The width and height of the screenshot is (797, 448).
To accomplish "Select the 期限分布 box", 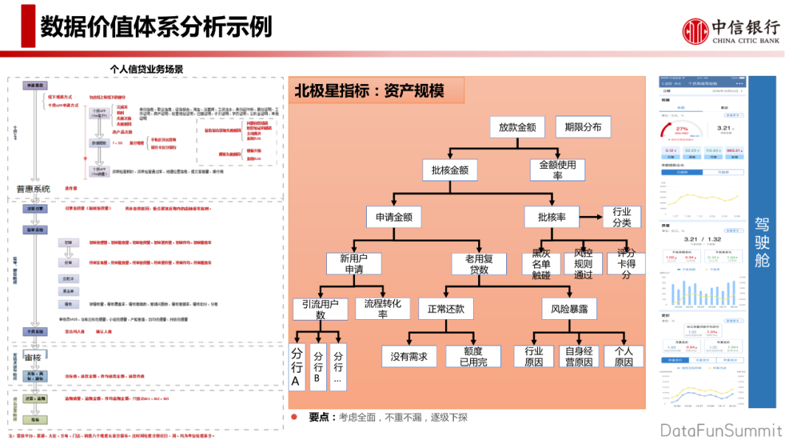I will coord(583,127).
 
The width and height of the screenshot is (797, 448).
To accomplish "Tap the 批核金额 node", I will coord(449,171).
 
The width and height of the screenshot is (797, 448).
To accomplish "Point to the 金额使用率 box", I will coord(558,170).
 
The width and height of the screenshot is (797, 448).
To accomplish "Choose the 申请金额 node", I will coord(394,217).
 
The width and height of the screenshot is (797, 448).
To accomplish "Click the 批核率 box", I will coord(552,217).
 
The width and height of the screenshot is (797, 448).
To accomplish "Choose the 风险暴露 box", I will coord(569,309).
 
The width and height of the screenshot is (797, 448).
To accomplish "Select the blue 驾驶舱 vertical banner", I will coord(762,240).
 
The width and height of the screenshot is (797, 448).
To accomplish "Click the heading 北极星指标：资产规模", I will coord(370,91).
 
